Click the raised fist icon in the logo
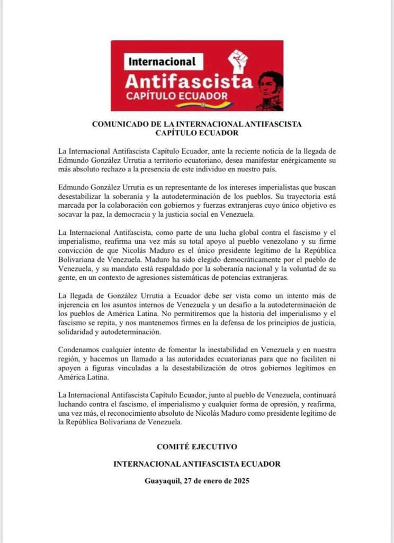point(238,63)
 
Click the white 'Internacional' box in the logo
point(162,61)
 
